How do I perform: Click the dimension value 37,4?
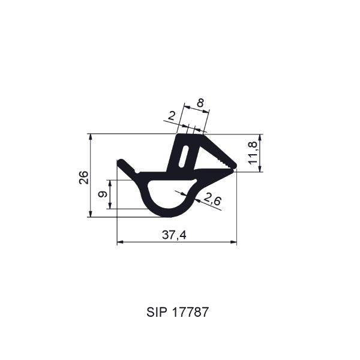pos(174,235)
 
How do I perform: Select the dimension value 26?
pos(84,177)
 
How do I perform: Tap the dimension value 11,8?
pos(253,152)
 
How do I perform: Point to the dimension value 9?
pos(103,194)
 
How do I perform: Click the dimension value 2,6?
pos(212,199)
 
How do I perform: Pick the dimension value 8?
pos(200,103)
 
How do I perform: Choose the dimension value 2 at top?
pos(172,116)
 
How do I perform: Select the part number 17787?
pos(190,312)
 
